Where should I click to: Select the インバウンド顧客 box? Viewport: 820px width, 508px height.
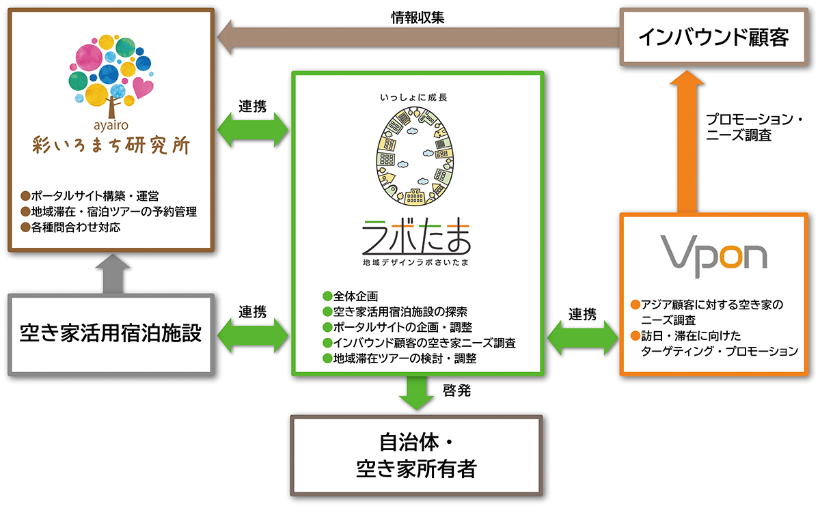pos(713,37)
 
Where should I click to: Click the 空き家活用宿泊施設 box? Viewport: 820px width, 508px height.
pos(111,335)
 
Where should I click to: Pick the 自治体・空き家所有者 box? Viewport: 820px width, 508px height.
pos(417,455)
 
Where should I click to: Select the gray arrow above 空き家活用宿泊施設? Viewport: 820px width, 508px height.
pos(111,273)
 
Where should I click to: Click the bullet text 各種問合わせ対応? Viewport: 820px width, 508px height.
pos(75,227)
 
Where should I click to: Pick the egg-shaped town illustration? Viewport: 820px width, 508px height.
pos(417,158)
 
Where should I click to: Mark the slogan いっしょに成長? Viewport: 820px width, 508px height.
pos(418,97)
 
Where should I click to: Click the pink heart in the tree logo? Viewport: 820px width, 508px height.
pos(143,88)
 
